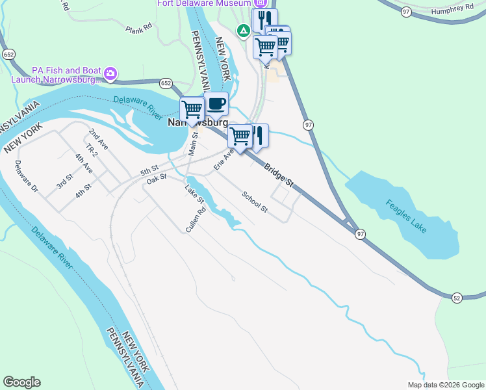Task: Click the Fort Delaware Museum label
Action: (204, 3)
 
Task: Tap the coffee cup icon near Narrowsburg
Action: (216, 103)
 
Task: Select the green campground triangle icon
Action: (243, 30)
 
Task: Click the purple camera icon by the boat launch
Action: (111, 75)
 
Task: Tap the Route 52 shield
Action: (457, 297)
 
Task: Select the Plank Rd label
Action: (138, 29)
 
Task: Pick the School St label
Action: (255, 201)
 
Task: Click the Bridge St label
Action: (279, 176)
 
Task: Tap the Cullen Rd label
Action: (196, 220)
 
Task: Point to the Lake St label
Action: (194, 194)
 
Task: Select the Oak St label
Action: (157, 179)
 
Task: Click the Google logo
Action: (21, 382)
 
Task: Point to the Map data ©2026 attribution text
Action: (445, 385)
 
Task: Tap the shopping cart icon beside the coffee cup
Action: (192, 109)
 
